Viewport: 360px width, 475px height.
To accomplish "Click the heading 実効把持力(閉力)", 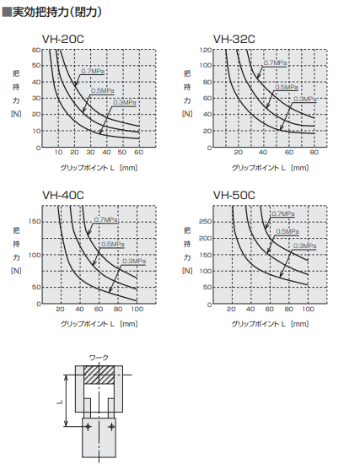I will tap(51, 9).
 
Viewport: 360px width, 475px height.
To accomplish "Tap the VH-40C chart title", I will tap(63, 195).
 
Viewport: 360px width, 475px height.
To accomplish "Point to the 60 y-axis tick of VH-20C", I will tap(36, 50).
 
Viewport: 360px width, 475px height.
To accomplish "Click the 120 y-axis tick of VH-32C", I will tap(205, 50).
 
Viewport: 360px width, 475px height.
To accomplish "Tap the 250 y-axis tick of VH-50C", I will tap(205, 221).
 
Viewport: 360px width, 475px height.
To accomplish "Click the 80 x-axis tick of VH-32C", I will tap(314, 154).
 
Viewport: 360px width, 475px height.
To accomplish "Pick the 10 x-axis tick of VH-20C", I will tap(58, 154).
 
